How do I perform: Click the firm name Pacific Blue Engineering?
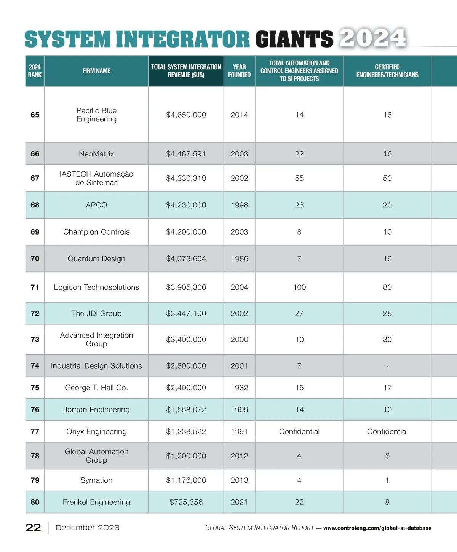click(96, 115)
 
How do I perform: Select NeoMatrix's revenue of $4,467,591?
click(186, 154)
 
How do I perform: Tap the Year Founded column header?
click(239, 71)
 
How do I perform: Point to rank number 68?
click(35, 205)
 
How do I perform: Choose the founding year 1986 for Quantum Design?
click(239, 258)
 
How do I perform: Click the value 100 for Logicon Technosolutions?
click(299, 287)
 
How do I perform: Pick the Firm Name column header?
click(96, 71)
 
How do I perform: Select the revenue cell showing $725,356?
click(186, 502)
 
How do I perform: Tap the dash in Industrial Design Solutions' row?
click(387, 366)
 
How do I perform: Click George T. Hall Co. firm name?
click(96, 388)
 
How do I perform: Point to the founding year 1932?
click(239, 388)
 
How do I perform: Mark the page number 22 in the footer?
click(33, 528)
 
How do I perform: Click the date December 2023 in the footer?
click(87, 528)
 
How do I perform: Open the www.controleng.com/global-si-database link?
click(377, 528)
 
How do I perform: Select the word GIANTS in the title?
click(294, 40)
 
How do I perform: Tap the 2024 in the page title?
click(372, 38)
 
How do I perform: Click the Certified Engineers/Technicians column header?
click(387, 71)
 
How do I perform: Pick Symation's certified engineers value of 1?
click(387, 480)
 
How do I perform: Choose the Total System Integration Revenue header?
click(186, 71)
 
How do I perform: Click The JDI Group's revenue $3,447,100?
click(186, 313)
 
